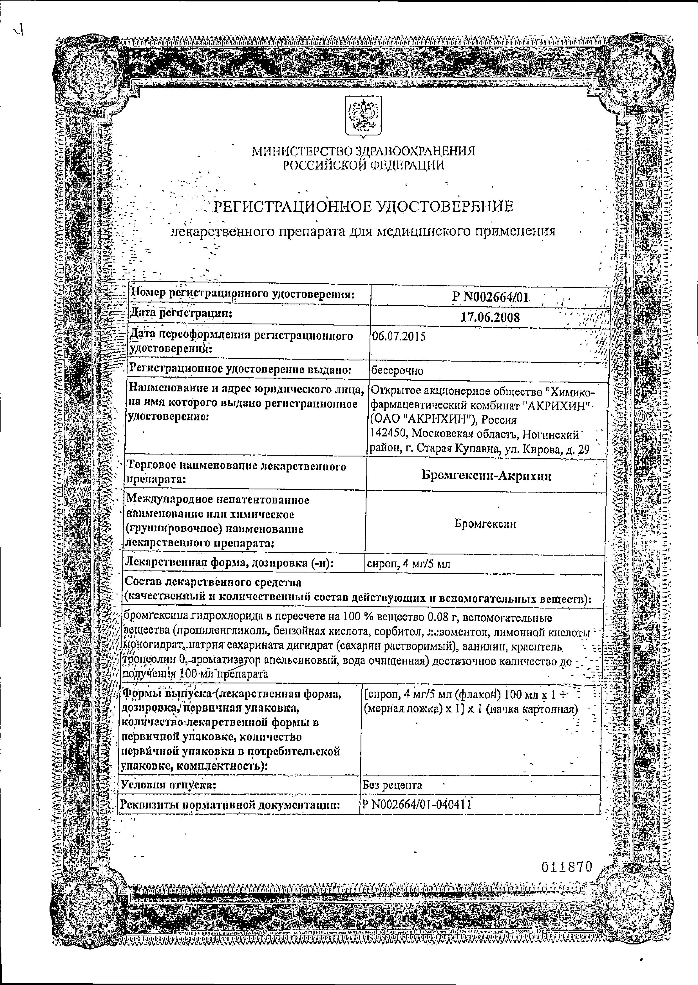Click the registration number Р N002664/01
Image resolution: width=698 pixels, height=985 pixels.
tap(490, 297)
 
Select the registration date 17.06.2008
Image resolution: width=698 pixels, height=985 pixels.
tap(490, 317)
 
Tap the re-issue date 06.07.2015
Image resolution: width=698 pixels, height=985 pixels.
tap(399, 336)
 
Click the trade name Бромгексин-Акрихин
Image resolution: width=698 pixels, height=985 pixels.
tap(486, 476)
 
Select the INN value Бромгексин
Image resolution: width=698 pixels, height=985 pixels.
tap(485, 524)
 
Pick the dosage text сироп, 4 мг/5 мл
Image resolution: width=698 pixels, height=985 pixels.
tap(408, 564)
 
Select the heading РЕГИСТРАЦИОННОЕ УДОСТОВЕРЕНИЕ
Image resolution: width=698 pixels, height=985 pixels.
tap(363, 207)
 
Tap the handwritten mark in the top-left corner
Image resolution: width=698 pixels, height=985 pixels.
tap(18, 31)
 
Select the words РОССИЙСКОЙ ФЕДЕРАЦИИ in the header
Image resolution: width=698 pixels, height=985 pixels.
tap(363, 165)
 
